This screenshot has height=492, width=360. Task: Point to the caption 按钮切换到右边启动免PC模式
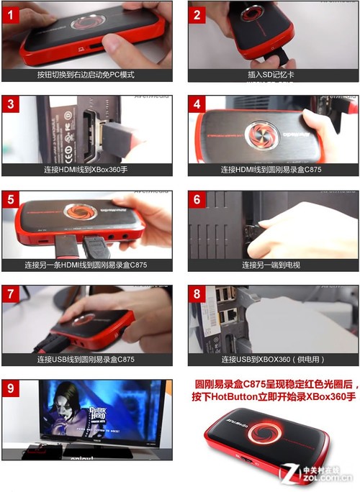(x=86, y=75)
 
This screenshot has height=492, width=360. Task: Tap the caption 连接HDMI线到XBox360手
(x=86, y=170)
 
